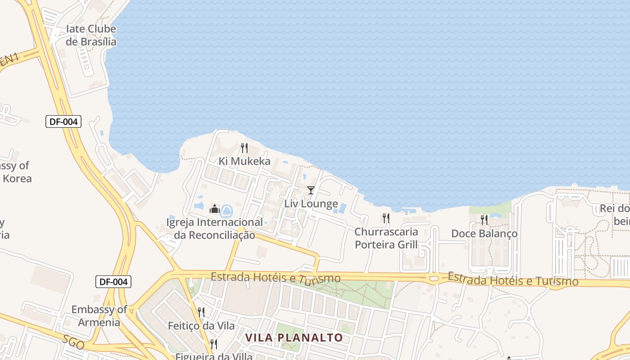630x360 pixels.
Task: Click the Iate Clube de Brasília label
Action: coord(91,36)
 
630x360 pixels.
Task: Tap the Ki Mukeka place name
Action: coord(245,161)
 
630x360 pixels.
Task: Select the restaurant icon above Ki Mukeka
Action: coord(244,148)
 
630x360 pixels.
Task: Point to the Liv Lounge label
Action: coord(311,203)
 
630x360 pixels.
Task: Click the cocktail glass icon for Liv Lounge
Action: coord(310,190)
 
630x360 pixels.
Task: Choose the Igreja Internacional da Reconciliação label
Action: coord(215,229)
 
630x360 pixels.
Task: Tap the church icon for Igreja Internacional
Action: coord(214,209)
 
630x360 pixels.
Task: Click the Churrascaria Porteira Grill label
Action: coord(386,238)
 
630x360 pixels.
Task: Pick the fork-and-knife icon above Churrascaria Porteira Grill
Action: coord(386,218)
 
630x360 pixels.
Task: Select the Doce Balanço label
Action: coord(484,234)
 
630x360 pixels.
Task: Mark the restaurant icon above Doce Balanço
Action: coord(484,220)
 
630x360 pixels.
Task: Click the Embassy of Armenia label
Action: coord(99,316)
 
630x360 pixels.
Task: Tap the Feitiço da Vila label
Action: coord(201,325)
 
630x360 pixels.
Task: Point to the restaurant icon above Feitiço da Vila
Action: coord(201,312)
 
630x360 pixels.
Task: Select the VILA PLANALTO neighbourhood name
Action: coord(294,337)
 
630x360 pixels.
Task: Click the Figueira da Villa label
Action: coord(214,356)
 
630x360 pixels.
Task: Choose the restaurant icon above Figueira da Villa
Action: coord(214,344)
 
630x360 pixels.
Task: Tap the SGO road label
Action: coord(73,342)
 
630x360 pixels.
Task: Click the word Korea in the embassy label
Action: coord(17,178)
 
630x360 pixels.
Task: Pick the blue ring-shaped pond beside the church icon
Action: coord(226,210)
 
